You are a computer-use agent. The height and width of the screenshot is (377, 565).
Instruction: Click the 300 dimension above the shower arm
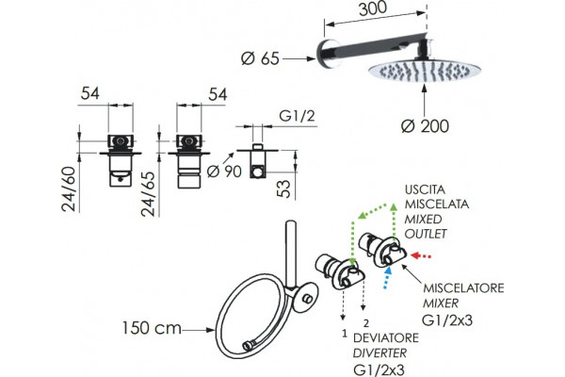[373, 8]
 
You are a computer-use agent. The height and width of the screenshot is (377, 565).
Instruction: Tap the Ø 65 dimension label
[260, 58]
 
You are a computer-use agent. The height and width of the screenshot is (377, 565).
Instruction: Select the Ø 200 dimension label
[426, 126]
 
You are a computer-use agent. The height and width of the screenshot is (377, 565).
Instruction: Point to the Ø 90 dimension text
[224, 171]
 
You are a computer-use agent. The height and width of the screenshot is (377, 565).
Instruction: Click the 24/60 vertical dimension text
[69, 188]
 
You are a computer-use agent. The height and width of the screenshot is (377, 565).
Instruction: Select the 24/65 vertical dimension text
[148, 194]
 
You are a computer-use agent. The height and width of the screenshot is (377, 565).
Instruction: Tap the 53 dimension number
[284, 189]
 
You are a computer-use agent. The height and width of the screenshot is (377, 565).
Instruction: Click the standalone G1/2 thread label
[297, 116]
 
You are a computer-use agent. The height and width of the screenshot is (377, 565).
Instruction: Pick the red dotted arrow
[421, 256]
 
